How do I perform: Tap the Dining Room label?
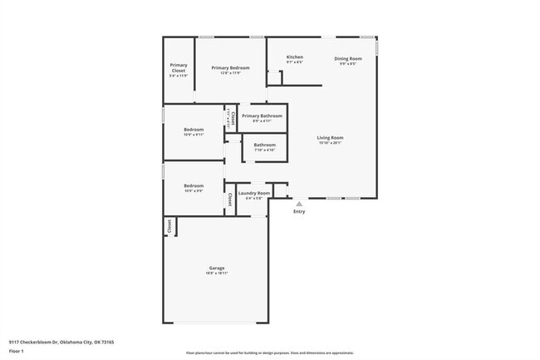pyautogui.click(x=348, y=58)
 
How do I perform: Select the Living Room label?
pyautogui.click(x=330, y=137)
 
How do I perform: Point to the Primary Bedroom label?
pyautogui.click(x=230, y=67)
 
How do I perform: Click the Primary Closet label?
pyautogui.click(x=179, y=67)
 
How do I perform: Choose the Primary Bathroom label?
pyautogui.click(x=262, y=116)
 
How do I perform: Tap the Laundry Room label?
pyautogui.click(x=254, y=193)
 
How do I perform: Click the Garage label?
pyautogui.click(x=217, y=268)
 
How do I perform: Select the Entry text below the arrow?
pyautogui.click(x=299, y=211)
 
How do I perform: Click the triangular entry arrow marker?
pyautogui.click(x=299, y=202)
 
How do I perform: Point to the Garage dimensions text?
pyautogui.click(x=217, y=273)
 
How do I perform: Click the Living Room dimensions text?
pyautogui.click(x=330, y=142)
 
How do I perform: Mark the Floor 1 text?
pyautogui.click(x=17, y=353)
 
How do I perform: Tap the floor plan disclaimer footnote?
pyautogui.click(x=269, y=353)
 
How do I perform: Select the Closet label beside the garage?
pyautogui.click(x=169, y=225)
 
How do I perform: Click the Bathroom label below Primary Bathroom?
pyautogui.click(x=265, y=145)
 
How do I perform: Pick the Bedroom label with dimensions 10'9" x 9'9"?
pyautogui.click(x=194, y=185)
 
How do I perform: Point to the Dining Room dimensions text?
pyautogui.click(x=348, y=63)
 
